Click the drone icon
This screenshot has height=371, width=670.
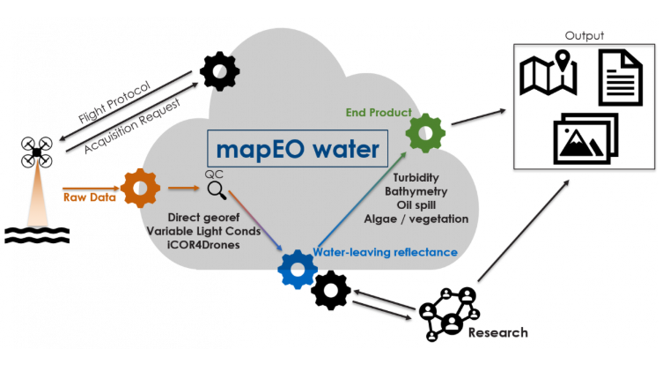click(37, 152)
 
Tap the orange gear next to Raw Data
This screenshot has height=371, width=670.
click(140, 188)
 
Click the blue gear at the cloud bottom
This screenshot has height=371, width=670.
click(298, 269)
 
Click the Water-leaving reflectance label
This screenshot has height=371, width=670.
click(386, 252)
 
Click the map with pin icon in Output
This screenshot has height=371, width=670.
click(548, 75)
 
